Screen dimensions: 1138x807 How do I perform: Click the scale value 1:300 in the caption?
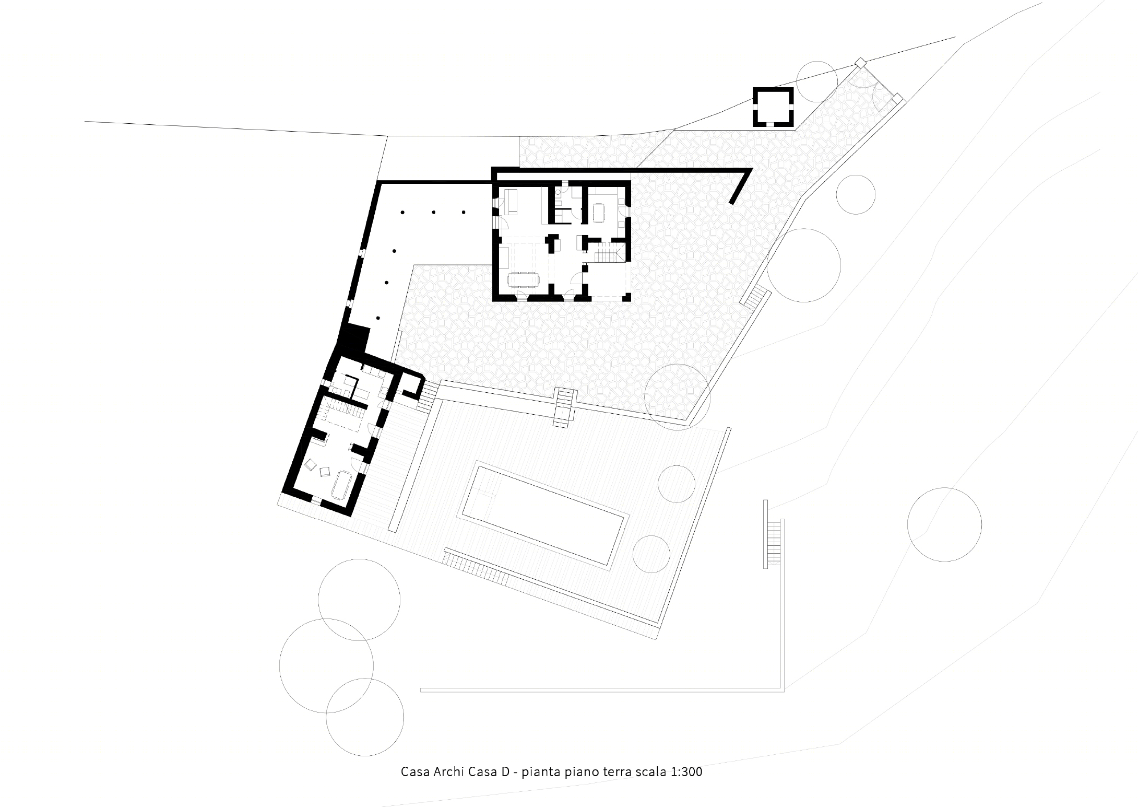click(x=682, y=772)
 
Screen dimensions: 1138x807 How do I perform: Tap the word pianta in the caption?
click(x=541, y=773)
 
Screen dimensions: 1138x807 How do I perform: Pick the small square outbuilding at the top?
click(x=773, y=107)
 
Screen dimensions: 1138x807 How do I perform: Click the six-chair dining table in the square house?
click(x=526, y=280)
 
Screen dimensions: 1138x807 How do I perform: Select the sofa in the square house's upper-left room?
click(x=511, y=202)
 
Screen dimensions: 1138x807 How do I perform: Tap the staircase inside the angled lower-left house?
click(x=344, y=413)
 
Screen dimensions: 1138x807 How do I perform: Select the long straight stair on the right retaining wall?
click(x=773, y=543)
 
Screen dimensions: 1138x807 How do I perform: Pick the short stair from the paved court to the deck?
click(x=564, y=407)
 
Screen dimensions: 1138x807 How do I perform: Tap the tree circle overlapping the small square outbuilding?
click(x=817, y=81)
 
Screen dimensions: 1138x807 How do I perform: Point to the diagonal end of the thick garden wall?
click(x=741, y=186)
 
